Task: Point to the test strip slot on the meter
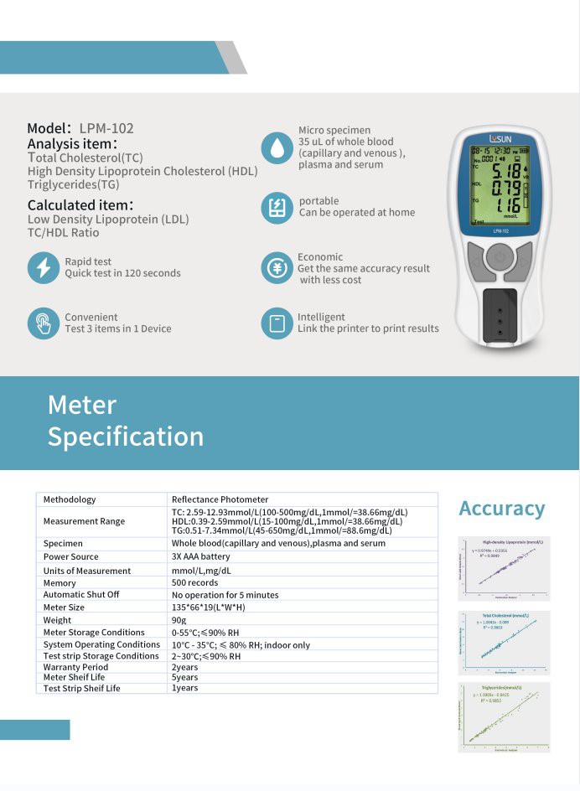point(501,311)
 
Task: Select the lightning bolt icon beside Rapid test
point(43,267)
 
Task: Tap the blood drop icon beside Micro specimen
point(277,147)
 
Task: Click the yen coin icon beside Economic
point(277,268)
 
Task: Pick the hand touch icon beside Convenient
point(43,323)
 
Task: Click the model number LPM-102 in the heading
point(106,128)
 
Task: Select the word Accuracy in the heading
point(501,509)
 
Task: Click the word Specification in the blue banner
point(126,437)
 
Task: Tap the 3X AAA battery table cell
point(200,556)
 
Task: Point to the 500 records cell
point(194,582)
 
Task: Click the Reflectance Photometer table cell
point(220,499)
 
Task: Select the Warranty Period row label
point(77,667)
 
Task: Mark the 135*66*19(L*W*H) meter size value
point(208,607)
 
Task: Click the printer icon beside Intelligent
point(277,323)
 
